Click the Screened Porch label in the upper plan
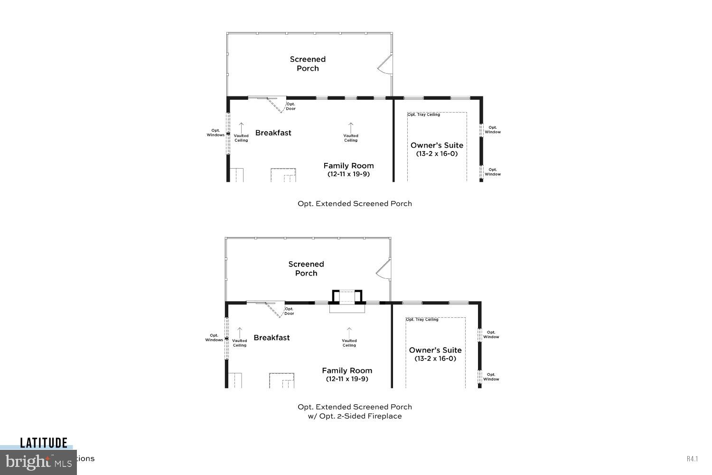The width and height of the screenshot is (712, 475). point(308,64)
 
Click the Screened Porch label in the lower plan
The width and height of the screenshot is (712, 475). point(306,268)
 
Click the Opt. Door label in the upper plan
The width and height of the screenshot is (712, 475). point(290,106)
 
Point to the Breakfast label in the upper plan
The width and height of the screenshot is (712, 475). point(273,133)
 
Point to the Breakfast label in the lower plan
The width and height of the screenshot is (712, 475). point(272,338)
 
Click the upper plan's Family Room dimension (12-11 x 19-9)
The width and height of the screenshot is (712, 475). point(348,174)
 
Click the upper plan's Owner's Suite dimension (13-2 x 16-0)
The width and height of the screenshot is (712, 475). point(437,154)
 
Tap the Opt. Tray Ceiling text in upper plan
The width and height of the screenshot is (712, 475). point(424,114)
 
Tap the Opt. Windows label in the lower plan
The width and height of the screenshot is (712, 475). point(214,338)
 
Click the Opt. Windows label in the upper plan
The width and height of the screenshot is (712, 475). point(215,133)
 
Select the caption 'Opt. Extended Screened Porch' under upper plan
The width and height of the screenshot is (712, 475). point(355,204)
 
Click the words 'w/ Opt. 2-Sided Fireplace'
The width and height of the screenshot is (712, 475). point(355,416)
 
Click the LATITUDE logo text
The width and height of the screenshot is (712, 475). point(44,443)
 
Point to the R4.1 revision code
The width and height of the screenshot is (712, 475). point(692,459)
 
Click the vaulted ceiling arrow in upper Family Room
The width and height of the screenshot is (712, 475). point(351,127)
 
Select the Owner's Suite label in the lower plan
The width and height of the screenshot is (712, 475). point(435,350)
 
